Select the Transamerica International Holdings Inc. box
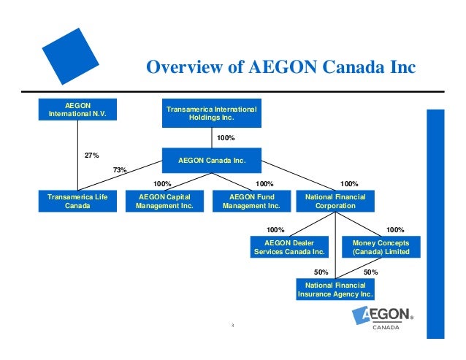pos(212,113)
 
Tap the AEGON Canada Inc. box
pos(212,159)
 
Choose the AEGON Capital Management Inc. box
pos(164,201)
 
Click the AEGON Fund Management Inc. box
pos(251,201)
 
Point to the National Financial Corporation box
pos(335,201)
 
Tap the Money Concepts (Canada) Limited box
pos(381,247)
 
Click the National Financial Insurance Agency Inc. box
pos(335,289)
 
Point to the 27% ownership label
pos(92,156)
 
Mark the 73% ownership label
pos(120,170)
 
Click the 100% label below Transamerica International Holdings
pos(226,137)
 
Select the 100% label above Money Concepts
pos(394,229)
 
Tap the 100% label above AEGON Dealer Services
pos(276,229)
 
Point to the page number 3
pos(232,326)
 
